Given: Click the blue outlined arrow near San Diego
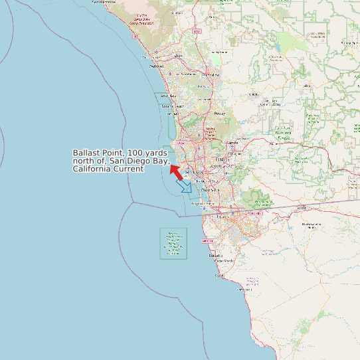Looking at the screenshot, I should pos(185,185).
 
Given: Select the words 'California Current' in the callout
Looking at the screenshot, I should pos(108,169).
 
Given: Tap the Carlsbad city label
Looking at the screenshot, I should pos(157,66).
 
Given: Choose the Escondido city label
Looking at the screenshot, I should pos(212,75).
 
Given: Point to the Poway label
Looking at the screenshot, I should pos(220,114).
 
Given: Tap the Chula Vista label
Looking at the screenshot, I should pos(210,189).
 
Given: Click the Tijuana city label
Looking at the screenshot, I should pos(222,216).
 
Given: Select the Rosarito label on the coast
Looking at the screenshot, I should pos(216,255).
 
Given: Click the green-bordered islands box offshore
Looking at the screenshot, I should pos(173,244).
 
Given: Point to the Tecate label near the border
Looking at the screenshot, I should pos(302,207).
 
